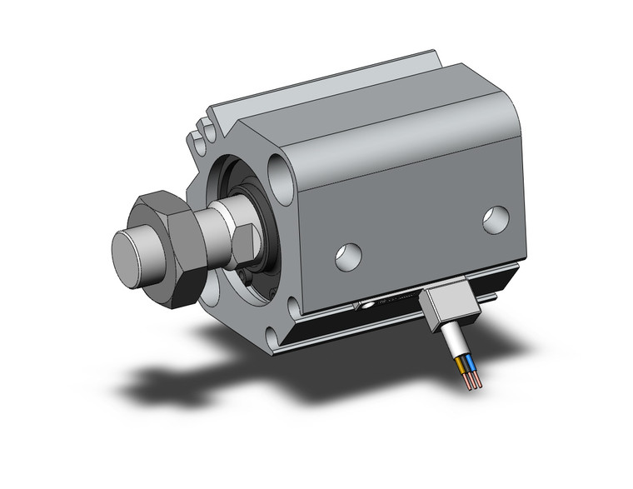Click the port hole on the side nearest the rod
tap(348, 256)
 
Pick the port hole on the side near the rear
tap(496, 218)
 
